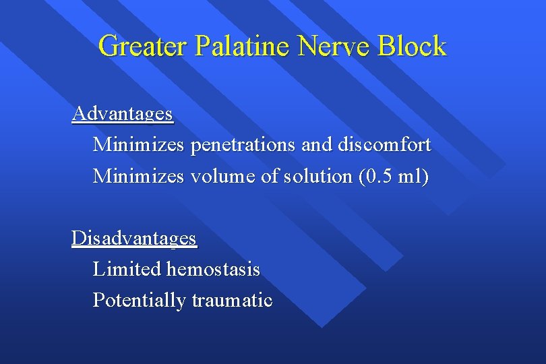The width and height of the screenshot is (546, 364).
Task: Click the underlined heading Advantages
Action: point(123,114)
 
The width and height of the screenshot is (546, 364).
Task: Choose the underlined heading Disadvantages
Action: point(134,239)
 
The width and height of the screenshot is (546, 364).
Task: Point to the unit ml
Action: point(413,177)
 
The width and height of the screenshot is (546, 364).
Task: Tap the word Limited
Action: point(127,270)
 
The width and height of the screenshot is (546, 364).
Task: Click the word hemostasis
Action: point(213,270)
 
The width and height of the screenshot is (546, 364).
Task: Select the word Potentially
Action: point(140,301)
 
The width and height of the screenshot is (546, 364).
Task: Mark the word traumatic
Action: point(232,301)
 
